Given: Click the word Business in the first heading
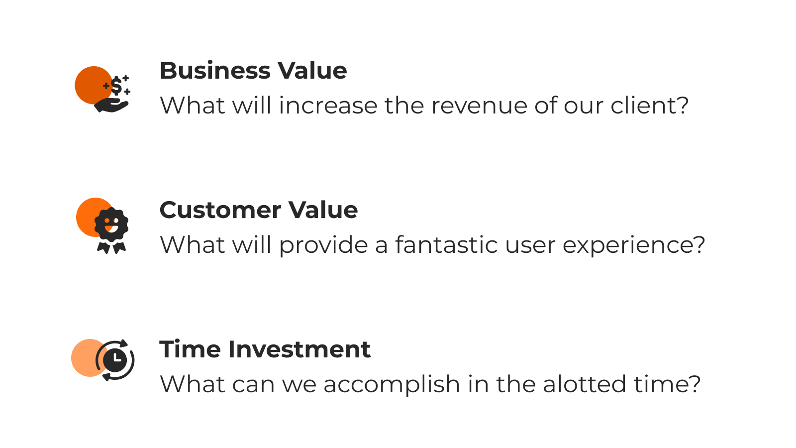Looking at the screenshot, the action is (x=215, y=70).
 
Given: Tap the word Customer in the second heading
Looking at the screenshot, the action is (x=220, y=210).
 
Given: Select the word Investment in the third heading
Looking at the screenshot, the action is (x=299, y=349).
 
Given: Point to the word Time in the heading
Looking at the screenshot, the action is (x=190, y=349).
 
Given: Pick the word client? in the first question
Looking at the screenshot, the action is (x=650, y=105).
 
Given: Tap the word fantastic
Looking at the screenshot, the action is (x=446, y=244).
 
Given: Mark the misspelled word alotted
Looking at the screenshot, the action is (x=584, y=384).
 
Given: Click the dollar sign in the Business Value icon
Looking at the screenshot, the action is (x=116, y=86).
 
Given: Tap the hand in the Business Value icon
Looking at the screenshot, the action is (x=111, y=106).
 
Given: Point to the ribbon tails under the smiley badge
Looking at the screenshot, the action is (x=111, y=247).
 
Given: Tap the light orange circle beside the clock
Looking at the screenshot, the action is (x=85, y=358).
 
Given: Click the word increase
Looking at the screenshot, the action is (x=328, y=106).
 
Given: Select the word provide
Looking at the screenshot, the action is (x=323, y=245).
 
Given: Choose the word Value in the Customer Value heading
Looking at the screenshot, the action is (x=323, y=210).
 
